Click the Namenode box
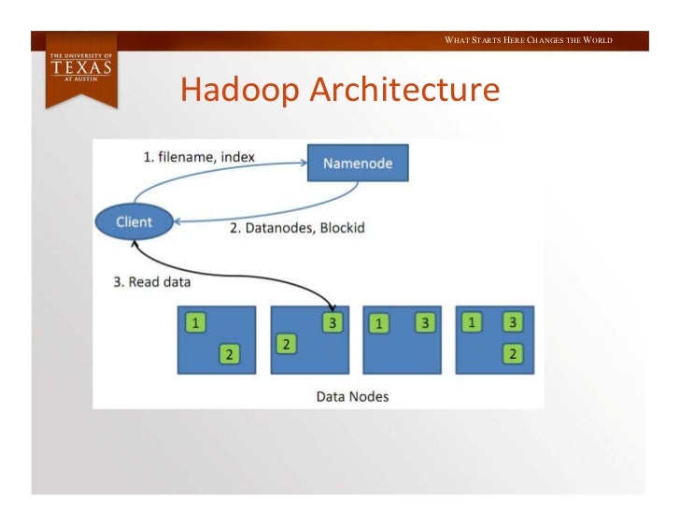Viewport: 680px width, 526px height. click(x=358, y=163)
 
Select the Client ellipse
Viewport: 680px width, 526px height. click(x=135, y=221)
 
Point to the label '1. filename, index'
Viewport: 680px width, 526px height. click(x=199, y=156)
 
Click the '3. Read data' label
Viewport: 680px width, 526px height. click(x=153, y=281)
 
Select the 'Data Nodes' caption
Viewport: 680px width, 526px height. click(x=352, y=396)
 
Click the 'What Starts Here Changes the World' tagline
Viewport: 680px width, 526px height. click(x=528, y=40)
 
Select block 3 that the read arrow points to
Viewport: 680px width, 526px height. click(x=333, y=323)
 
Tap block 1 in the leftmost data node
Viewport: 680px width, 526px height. click(x=196, y=323)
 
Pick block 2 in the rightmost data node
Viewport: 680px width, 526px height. click(x=511, y=354)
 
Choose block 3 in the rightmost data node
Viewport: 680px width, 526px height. click(x=511, y=323)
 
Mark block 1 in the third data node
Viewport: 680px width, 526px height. click(x=379, y=323)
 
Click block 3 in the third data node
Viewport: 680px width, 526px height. click(x=424, y=323)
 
